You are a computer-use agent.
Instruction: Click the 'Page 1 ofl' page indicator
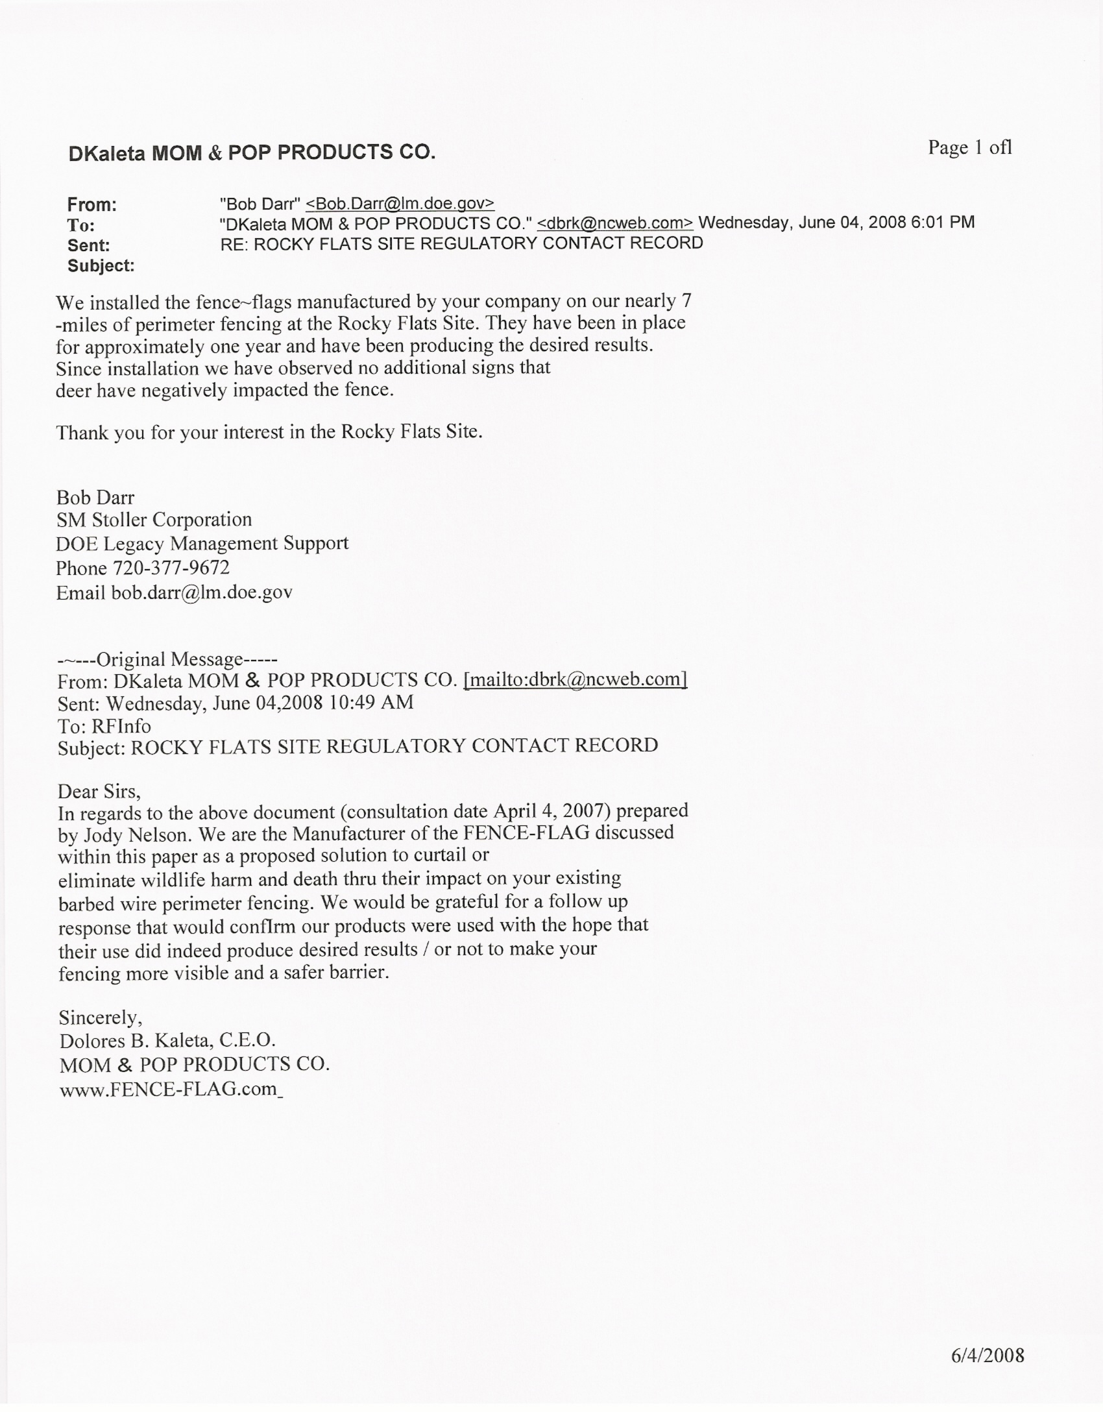(x=969, y=148)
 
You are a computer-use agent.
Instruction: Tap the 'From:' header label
(x=91, y=205)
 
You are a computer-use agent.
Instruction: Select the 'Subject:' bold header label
(x=101, y=265)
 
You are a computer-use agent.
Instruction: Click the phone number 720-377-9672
(x=171, y=568)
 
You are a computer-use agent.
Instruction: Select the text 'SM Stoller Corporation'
(x=154, y=520)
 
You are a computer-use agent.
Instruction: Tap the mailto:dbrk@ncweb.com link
(x=576, y=679)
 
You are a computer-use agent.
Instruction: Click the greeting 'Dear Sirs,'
(x=99, y=791)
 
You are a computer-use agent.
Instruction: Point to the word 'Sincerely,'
(x=101, y=1016)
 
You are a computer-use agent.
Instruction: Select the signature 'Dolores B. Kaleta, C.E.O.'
(x=167, y=1040)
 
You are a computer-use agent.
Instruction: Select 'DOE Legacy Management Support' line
(x=202, y=543)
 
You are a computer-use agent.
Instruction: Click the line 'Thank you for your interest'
(x=269, y=432)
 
